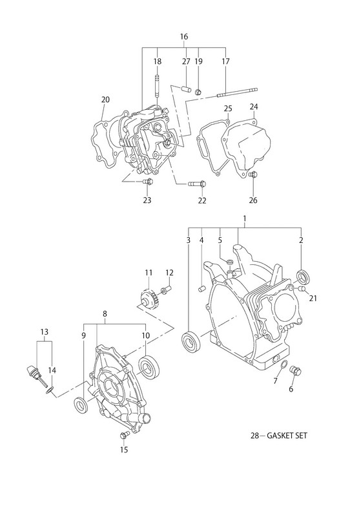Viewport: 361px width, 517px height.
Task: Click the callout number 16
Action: pyautogui.click(x=184, y=37)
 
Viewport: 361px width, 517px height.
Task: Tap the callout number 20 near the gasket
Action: pyautogui.click(x=105, y=100)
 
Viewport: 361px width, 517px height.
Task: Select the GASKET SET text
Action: pyautogui.click(x=287, y=436)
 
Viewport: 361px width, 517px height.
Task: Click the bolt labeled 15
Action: pyautogui.click(x=124, y=435)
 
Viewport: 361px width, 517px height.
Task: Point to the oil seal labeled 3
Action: pyautogui.click(x=191, y=343)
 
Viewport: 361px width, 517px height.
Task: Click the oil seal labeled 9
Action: pyautogui.click(x=81, y=406)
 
